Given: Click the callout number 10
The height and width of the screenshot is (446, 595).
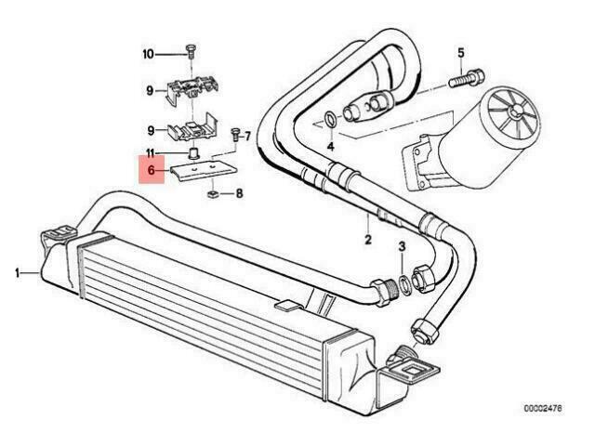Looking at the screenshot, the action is (x=149, y=54).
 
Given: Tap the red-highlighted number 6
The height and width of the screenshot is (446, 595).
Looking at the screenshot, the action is (x=152, y=170).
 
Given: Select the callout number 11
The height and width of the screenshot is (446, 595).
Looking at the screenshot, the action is (x=151, y=153).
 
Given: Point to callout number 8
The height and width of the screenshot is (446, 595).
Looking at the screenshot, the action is (x=239, y=194).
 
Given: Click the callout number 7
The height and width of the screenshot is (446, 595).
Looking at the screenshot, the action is (x=247, y=136).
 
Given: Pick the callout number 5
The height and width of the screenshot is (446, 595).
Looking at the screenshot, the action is (x=461, y=53).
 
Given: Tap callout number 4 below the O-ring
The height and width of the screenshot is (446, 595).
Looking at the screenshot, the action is (x=331, y=146).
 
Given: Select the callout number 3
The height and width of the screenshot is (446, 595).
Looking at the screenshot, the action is (x=402, y=246).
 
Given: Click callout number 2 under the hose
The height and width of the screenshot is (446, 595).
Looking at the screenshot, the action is (x=368, y=240).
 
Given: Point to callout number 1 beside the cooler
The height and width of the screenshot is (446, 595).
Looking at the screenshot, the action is (x=17, y=272).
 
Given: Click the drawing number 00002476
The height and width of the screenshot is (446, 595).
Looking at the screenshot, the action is (x=543, y=409).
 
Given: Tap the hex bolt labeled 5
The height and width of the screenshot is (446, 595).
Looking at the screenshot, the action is (x=466, y=78).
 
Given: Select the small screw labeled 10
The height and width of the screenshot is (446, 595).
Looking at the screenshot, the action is (x=191, y=51).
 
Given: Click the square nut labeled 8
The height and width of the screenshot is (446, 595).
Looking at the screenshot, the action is (x=213, y=195).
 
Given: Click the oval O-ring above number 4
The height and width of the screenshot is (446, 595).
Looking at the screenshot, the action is (x=331, y=120).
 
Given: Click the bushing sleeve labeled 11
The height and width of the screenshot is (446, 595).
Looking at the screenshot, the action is (x=194, y=154).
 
